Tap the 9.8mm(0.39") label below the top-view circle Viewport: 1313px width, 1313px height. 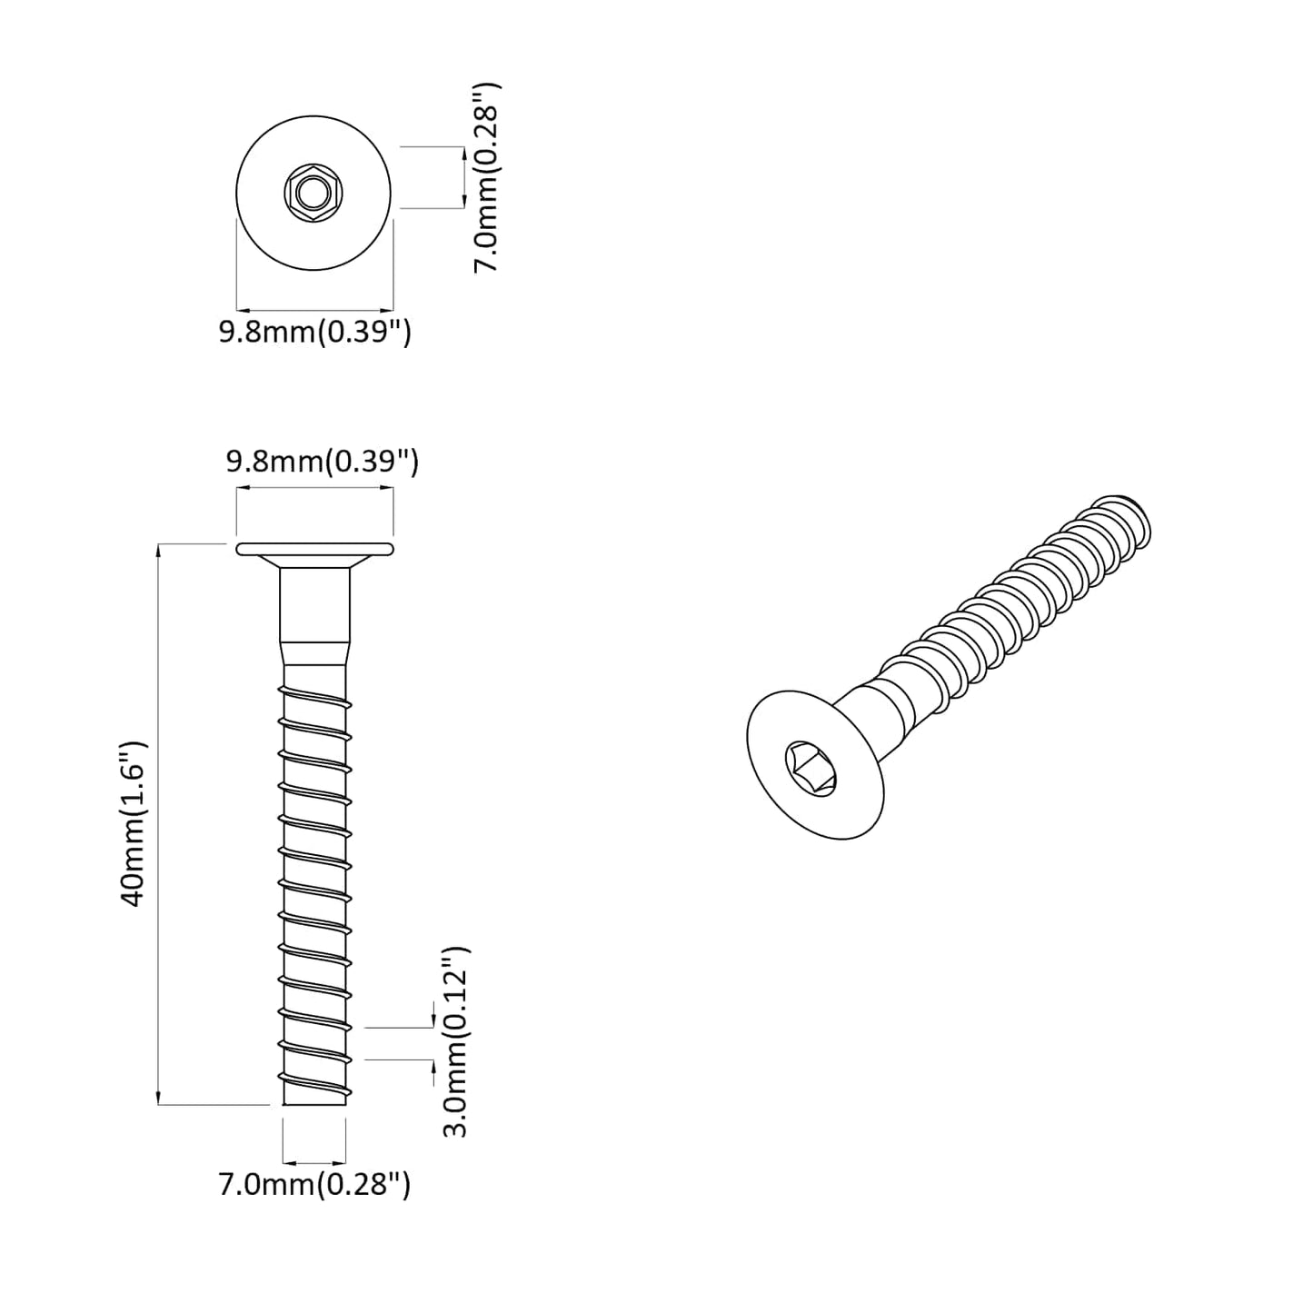click(314, 333)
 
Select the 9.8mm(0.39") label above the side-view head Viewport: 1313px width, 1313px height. click(322, 463)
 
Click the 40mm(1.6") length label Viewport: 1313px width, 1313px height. click(134, 823)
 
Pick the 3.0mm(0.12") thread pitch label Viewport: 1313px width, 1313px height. click(454, 1041)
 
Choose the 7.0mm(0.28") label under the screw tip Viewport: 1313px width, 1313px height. click(314, 1184)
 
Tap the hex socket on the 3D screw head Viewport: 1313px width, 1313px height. click(811, 768)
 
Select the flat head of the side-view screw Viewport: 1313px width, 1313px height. click(314, 549)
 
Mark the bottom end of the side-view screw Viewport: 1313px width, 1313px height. click(314, 1101)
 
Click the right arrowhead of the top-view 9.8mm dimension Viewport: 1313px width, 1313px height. click(388, 308)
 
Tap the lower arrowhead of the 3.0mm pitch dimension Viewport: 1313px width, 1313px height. click(433, 1066)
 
